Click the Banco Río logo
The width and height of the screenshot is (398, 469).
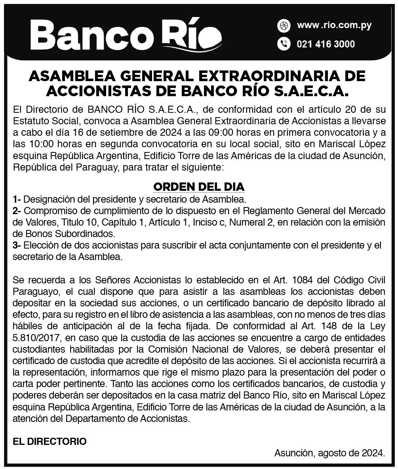tap(126, 34)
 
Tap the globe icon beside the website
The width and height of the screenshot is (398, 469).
tap(284, 26)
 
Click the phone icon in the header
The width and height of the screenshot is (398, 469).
tap(284, 44)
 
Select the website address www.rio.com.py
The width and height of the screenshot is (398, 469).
tap(334, 26)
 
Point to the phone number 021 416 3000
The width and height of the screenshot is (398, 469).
tap(326, 44)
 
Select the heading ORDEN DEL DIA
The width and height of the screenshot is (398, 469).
tap(199, 186)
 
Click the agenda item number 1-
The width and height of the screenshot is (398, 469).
tap(17, 198)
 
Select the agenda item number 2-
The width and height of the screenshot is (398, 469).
tap(17, 211)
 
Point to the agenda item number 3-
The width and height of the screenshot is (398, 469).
tap(17, 245)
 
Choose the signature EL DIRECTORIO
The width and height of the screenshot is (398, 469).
tap(50, 441)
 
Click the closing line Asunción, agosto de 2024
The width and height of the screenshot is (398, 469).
tap(329, 453)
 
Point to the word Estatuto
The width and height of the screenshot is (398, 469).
tap(31, 120)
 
